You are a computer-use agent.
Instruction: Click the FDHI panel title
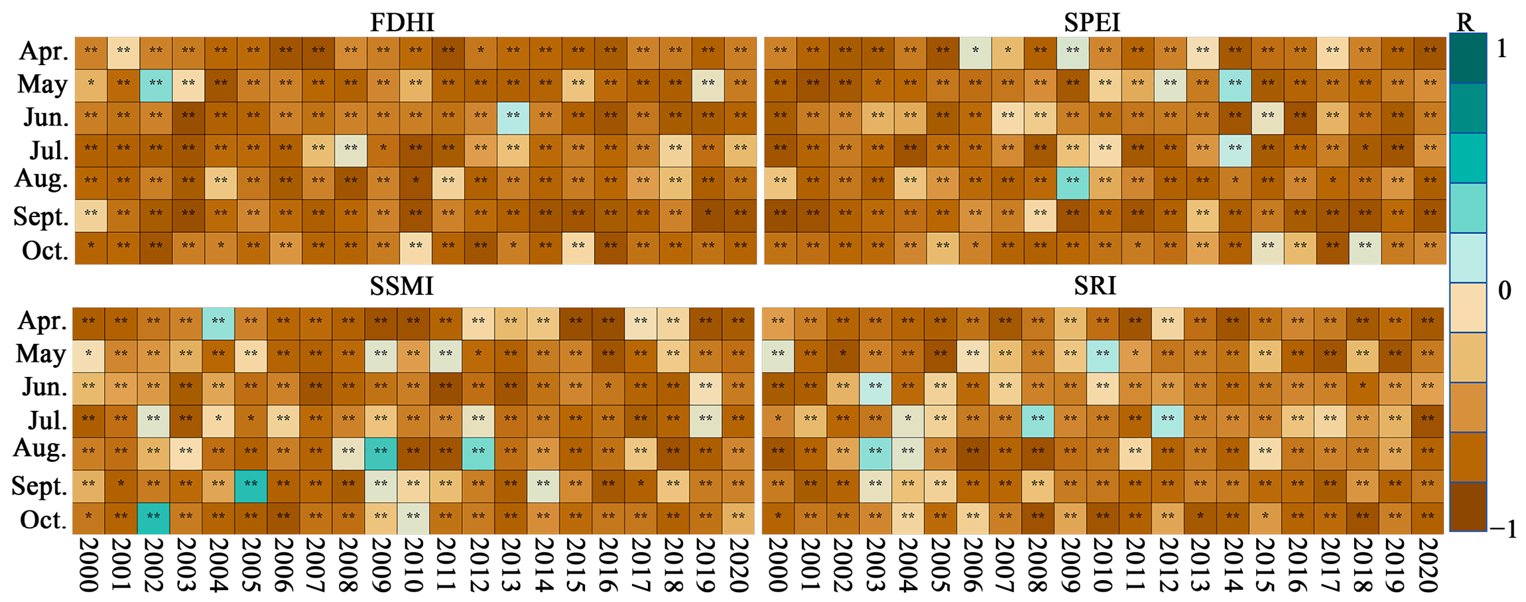point(402,23)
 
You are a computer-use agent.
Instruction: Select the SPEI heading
point(1092,23)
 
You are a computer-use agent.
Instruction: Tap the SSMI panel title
point(401,286)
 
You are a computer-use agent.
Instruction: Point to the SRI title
point(1095,286)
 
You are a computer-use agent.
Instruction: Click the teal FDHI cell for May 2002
point(156,86)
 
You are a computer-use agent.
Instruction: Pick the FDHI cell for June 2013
point(513,118)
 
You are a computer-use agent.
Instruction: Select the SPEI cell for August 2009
point(1072,183)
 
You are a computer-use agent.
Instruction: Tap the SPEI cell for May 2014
point(1235,86)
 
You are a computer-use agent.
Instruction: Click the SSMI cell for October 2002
point(153,518)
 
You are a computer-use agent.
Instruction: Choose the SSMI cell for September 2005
point(251,487)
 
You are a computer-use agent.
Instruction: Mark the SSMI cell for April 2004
point(218,324)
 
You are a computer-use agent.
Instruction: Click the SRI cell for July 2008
point(1038,421)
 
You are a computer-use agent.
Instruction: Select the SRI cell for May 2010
point(1103,356)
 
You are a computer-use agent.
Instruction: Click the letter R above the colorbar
point(1465,23)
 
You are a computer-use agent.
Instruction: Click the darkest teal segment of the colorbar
point(1468,58)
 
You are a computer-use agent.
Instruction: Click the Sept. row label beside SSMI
point(40,487)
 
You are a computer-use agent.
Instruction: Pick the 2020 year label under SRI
point(1428,564)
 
